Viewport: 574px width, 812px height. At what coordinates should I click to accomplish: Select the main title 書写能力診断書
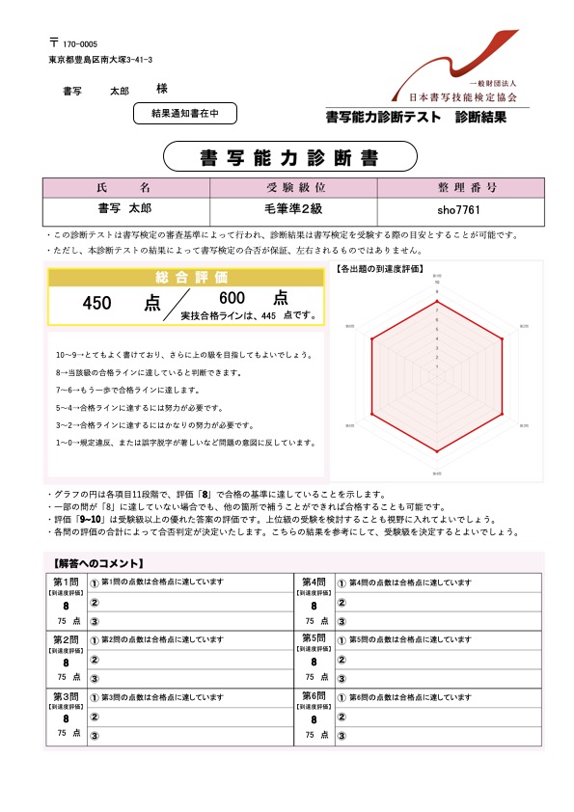(x=289, y=155)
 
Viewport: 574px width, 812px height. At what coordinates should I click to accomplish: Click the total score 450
(x=98, y=303)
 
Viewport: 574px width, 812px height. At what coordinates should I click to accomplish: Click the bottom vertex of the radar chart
(x=437, y=452)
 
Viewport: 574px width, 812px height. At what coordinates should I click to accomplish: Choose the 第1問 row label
(x=66, y=582)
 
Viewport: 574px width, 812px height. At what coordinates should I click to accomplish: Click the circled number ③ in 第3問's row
(x=95, y=736)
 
